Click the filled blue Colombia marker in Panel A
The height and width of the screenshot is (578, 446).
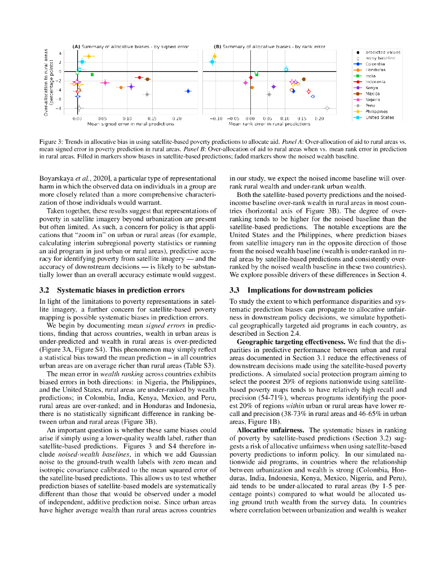(188, 91)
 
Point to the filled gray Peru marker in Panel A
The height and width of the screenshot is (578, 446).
(147, 94)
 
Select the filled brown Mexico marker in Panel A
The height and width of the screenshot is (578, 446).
(148, 79)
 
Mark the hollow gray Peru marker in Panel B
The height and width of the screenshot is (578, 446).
(327, 108)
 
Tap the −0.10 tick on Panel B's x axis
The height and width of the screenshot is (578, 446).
(216, 119)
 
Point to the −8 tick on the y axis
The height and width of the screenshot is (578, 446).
(60, 108)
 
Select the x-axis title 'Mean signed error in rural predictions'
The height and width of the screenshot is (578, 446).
(122, 124)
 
